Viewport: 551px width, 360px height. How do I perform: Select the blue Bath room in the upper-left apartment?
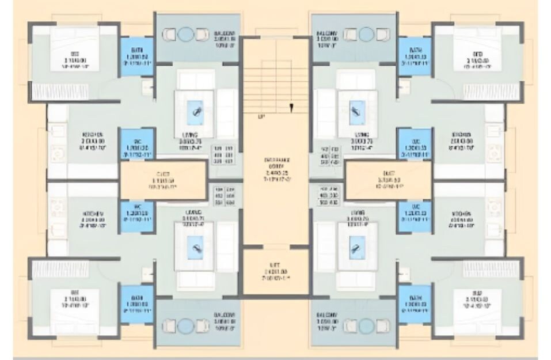136,56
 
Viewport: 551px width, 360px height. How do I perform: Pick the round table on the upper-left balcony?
185,35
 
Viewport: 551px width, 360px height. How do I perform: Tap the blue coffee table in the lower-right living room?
357,252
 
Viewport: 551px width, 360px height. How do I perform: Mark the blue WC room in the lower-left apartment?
136,216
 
